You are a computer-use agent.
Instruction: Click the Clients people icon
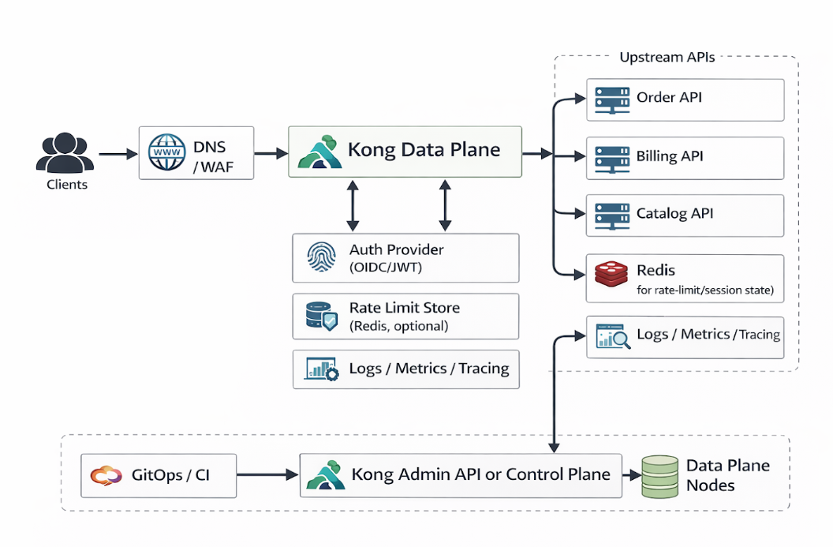[65, 153]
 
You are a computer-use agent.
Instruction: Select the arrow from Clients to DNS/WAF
[118, 153]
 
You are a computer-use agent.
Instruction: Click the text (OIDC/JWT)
[386, 268]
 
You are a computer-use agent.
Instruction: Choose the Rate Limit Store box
[405, 317]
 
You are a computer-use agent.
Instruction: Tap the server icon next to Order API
[611, 99]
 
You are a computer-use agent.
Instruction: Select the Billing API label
[670, 155]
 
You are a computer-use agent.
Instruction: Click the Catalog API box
[685, 215]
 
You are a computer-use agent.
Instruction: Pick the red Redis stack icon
[611, 274]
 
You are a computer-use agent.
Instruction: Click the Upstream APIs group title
[667, 58]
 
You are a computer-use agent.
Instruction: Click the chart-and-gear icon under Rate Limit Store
[321, 369]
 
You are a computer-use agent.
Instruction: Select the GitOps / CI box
[159, 475]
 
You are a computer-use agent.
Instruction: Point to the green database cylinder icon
[659, 476]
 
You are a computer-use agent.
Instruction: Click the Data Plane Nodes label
[727, 475]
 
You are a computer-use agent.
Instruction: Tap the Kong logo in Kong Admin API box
[325, 475]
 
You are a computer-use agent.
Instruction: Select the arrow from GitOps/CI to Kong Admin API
[267, 475]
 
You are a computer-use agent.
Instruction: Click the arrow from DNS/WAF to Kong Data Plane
[270, 153]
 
